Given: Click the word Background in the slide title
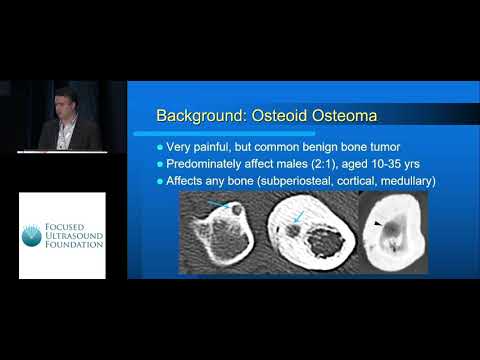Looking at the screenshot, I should (x=194, y=117).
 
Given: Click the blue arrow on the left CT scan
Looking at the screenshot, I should (x=219, y=204).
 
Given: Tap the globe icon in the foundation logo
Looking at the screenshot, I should (x=32, y=235).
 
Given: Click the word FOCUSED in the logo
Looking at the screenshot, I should (x=71, y=223).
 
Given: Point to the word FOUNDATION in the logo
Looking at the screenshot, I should (x=75, y=247).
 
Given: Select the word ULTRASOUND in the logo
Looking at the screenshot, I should (x=76, y=235).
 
